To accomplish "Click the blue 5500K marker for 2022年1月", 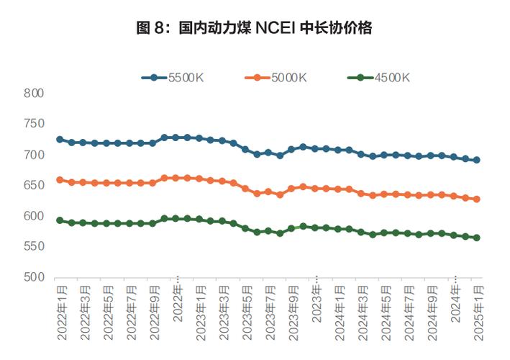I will (60, 140).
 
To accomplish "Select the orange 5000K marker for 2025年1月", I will (476, 199).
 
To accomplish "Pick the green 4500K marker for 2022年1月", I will (60, 220).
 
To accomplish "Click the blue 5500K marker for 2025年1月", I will (476, 160).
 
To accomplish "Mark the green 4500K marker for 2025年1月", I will (476, 238).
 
